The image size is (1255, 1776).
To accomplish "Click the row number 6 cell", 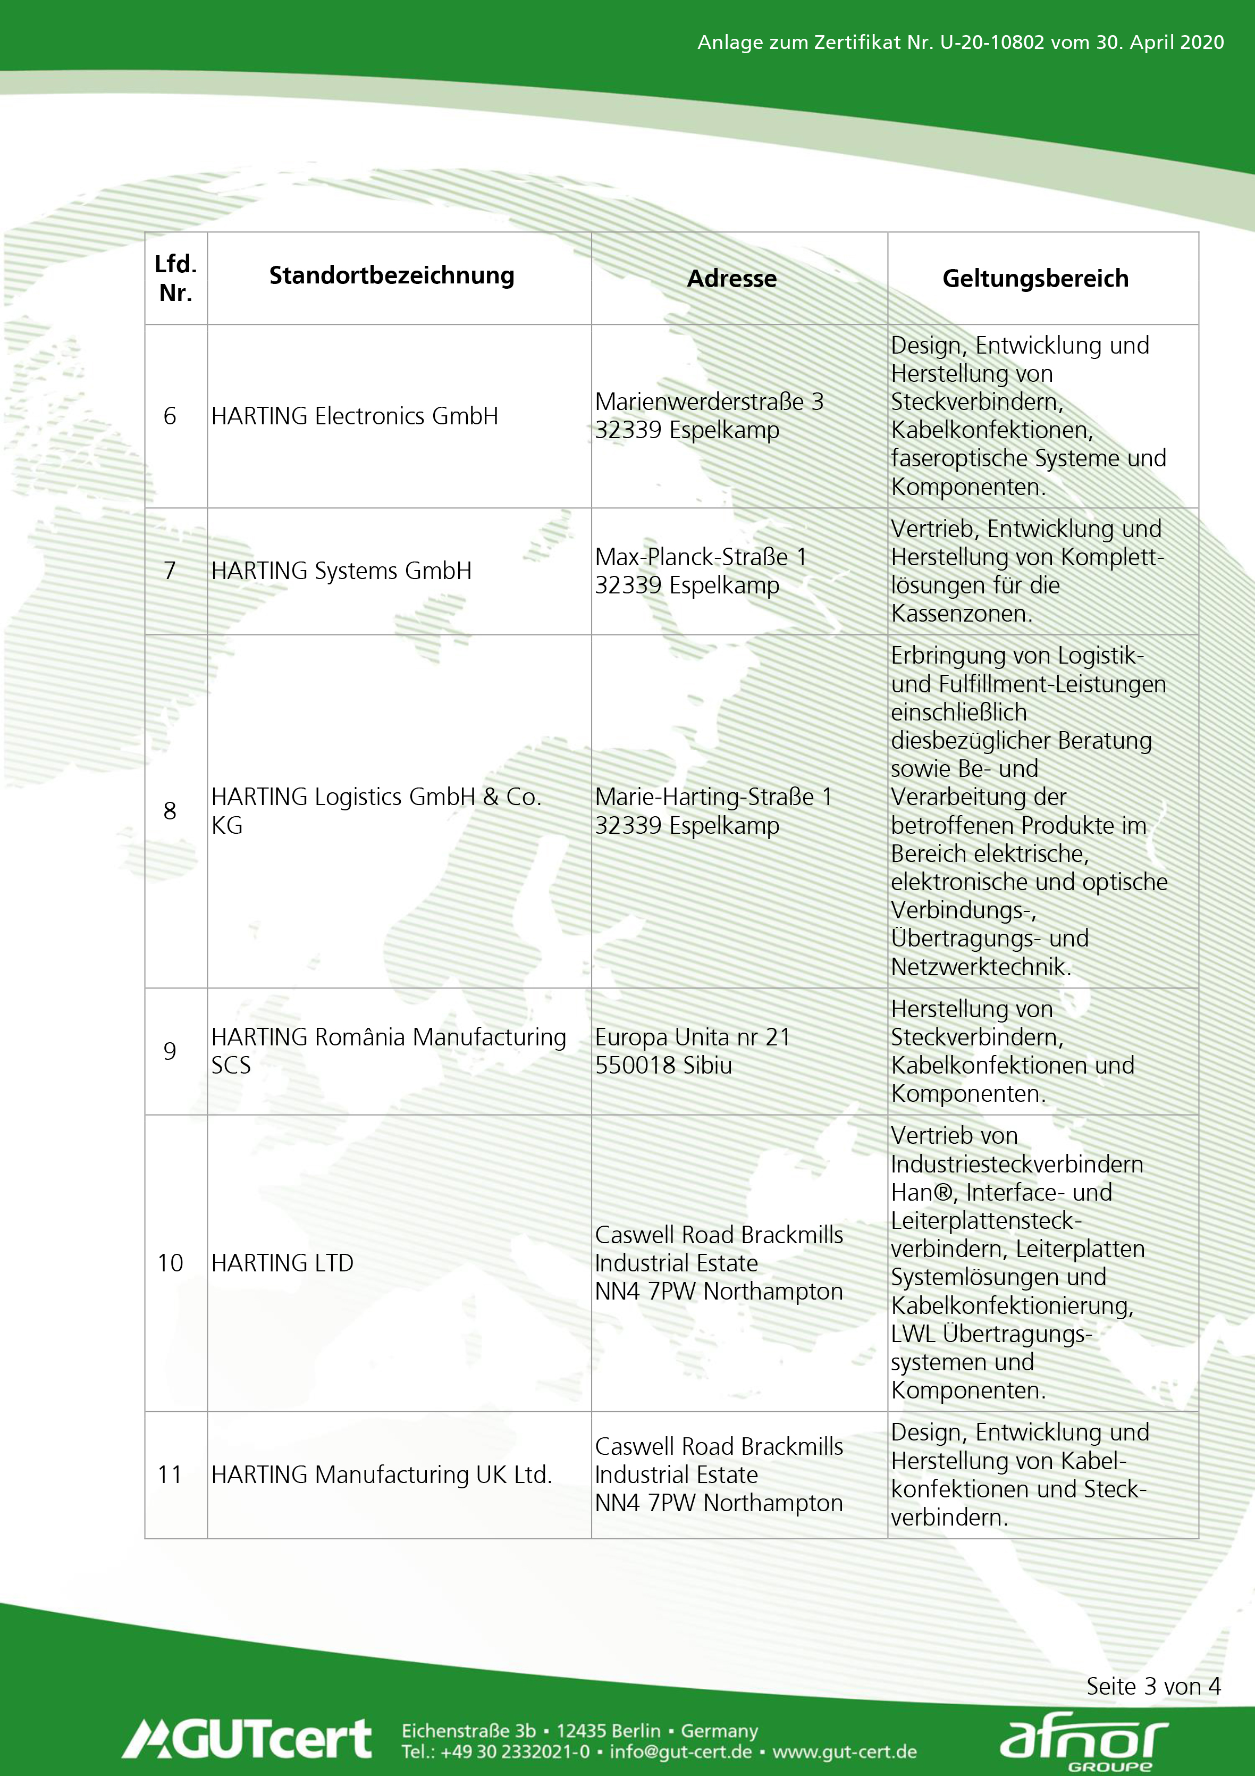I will click(170, 416).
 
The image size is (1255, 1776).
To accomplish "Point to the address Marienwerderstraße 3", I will click(709, 401).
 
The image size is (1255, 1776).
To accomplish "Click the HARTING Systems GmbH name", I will click(341, 571).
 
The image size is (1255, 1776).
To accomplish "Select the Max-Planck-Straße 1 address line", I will click(701, 557).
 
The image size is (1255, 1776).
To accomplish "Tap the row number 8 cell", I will click(170, 811).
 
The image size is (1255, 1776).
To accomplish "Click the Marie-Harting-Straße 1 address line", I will click(713, 797).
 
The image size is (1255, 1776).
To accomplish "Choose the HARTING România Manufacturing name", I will click(388, 1037).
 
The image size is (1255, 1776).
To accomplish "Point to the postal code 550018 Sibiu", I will click(663, 1065).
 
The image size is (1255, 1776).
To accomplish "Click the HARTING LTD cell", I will click(282, 1263).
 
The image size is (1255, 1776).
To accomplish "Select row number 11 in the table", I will click(170, 1475).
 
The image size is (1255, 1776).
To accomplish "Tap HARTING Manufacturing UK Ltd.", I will click(381, 1475).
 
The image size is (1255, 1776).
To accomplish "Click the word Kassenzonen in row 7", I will click(961, 614).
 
